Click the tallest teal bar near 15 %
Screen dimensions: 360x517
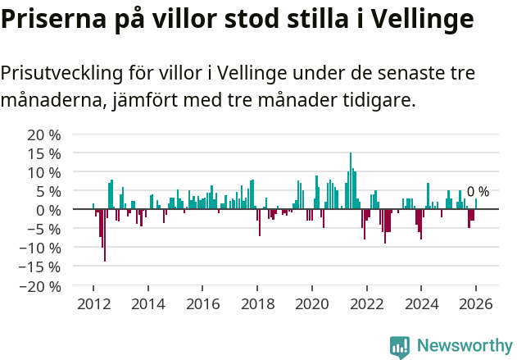351,180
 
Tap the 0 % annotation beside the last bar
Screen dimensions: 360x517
478,192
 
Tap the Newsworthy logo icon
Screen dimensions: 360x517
400,346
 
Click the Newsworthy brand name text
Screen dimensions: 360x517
465,346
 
